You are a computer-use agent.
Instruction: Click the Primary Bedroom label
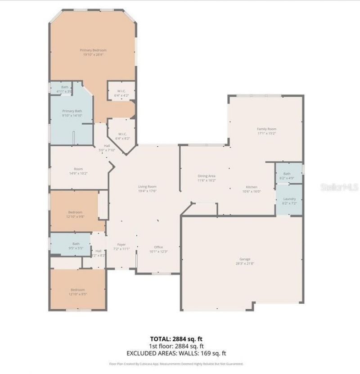click(93, 50)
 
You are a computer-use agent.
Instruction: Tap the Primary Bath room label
click(72, 111)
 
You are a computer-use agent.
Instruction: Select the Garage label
click(244, 259)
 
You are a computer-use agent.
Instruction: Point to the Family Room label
click(266, 129)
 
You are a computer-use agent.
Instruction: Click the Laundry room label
click(289, 198)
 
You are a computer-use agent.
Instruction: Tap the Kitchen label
click(251, 187)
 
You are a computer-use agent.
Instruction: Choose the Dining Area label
click(207, 176)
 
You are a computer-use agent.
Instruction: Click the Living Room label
click(147, 186)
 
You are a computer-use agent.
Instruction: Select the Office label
click(158, 247)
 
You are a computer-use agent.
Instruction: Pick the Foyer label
click(121, 244)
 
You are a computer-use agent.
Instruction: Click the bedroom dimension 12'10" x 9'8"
click(75, 216)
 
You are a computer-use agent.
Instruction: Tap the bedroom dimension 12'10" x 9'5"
click(77, 294)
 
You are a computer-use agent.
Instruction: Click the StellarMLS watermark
click(339, 186)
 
